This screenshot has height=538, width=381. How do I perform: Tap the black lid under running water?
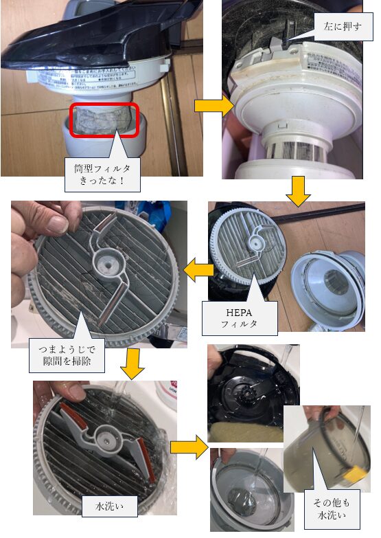pos(254,392)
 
